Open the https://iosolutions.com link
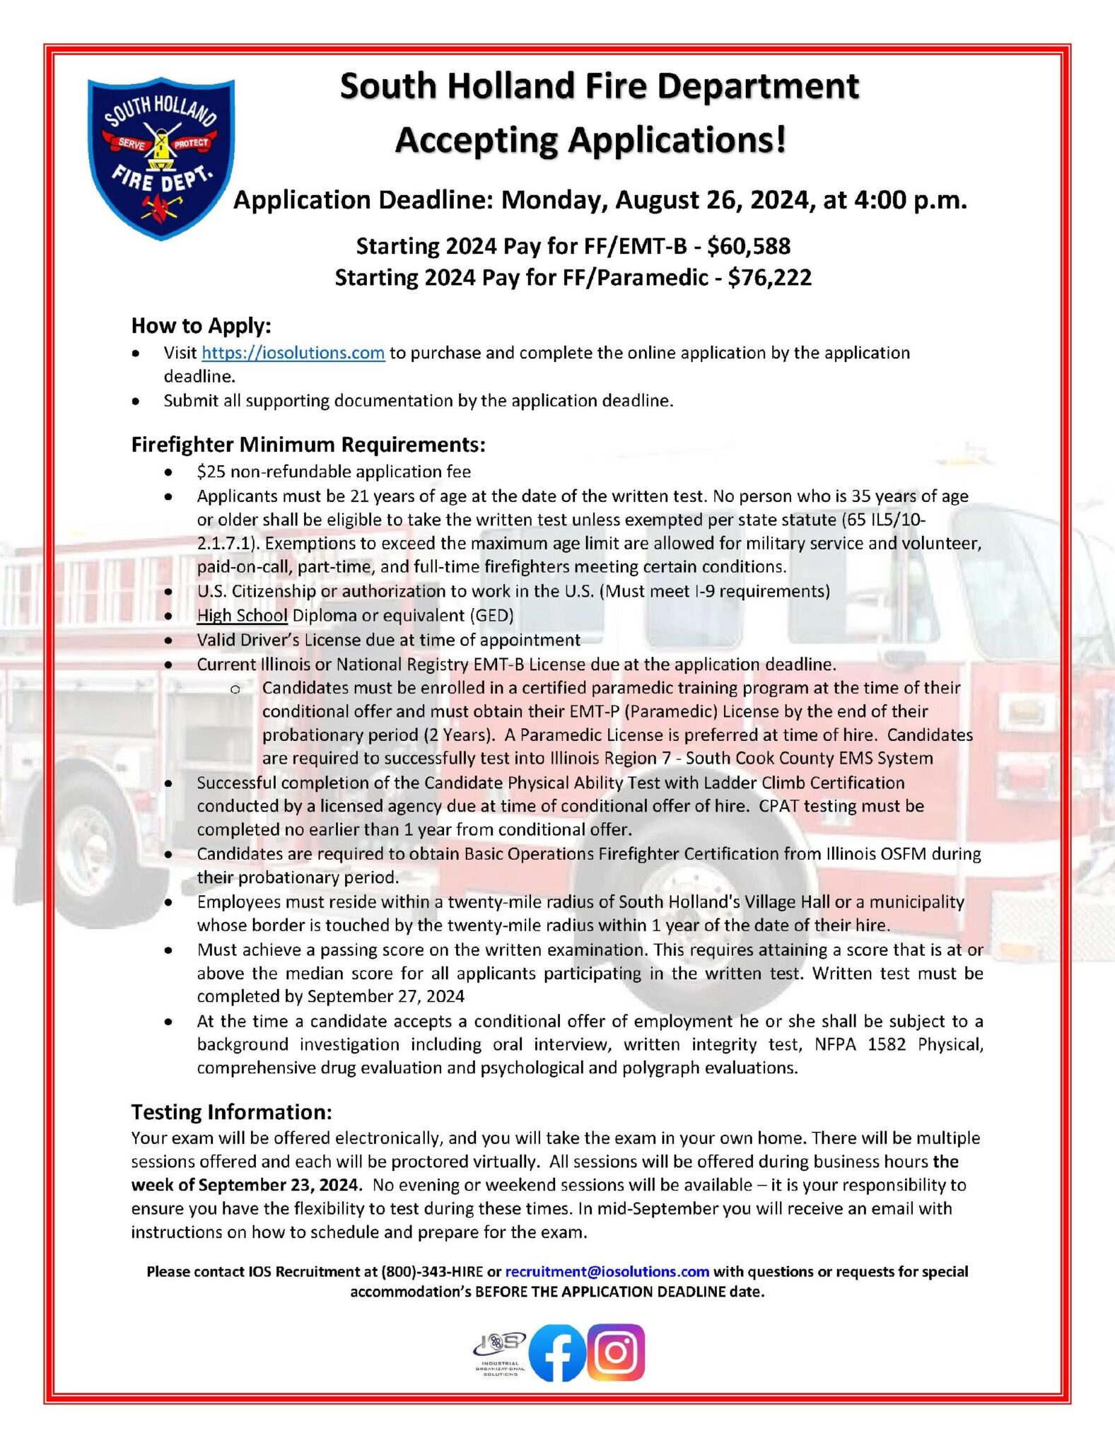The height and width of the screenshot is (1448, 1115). click(293, 353)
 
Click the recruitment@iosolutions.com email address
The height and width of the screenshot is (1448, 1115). click(607, 1271)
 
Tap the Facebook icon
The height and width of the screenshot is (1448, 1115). click(557, 1353)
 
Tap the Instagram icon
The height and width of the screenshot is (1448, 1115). click(616, 1352)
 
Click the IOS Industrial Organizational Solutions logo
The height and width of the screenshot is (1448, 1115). click(500, 1353)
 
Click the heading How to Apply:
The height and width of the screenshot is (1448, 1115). click(202, 325)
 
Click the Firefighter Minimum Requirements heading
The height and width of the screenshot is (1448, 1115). click(308, 444)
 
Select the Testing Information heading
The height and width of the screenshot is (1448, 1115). click(231, 1111)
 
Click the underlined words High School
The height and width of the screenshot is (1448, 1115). click(242, 615)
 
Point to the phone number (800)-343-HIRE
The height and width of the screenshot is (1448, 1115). click(432, 1271)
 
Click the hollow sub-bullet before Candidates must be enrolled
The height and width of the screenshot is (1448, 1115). click(235, 689)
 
